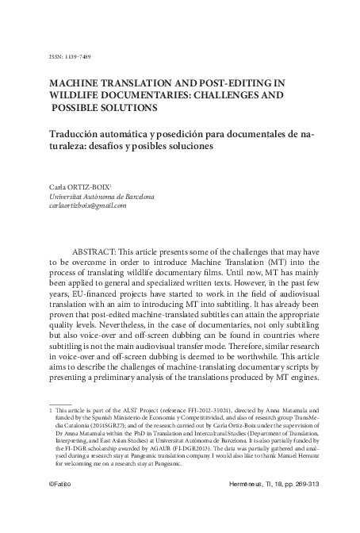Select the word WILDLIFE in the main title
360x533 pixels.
pyautogui.click(x=78, y=93)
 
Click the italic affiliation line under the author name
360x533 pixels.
pyautogui.click(x=102, y=196)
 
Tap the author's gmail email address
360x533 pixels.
pyautogui.click(x=88, y=206)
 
